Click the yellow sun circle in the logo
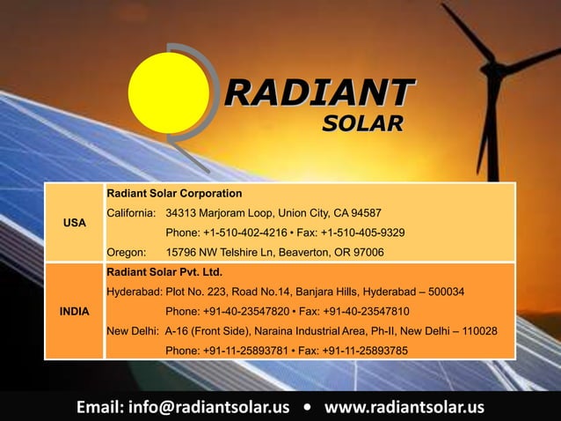coord(169,91)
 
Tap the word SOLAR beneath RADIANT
coord(361,123)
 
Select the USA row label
coord(74,223)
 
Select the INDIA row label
coord(74,312)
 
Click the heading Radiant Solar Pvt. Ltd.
coord(164,271)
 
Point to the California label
coord(132,213)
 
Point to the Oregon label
coord(127,252)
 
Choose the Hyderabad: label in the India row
coord(135,292)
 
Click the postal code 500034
coord(442,292)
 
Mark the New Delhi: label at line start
coord(133,331)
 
